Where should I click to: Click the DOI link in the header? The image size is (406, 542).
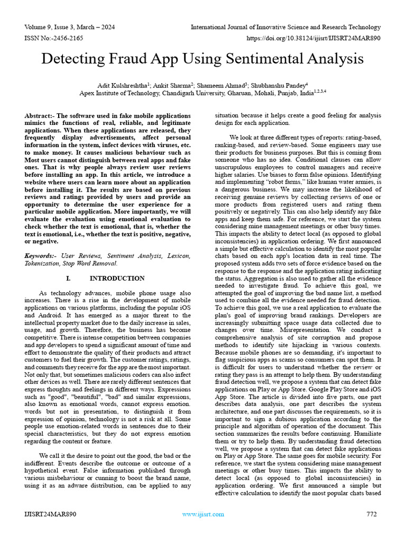313,39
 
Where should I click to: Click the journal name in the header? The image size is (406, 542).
285,27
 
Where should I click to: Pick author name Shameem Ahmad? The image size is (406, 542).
218,85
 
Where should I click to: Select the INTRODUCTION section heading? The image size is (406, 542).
117,278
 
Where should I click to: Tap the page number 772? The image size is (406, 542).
371,514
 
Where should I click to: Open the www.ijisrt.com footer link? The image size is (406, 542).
203,514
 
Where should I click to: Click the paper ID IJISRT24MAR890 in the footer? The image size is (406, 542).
50,514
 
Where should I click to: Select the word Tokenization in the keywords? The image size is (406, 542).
45,263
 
